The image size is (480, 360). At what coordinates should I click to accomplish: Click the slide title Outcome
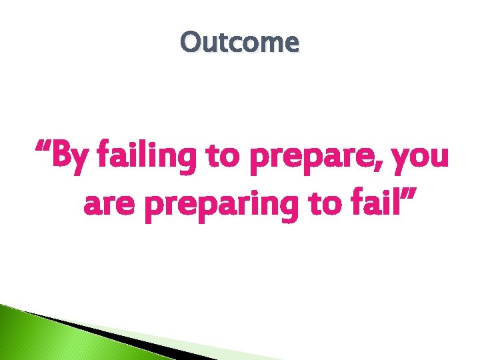[240, 43]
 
